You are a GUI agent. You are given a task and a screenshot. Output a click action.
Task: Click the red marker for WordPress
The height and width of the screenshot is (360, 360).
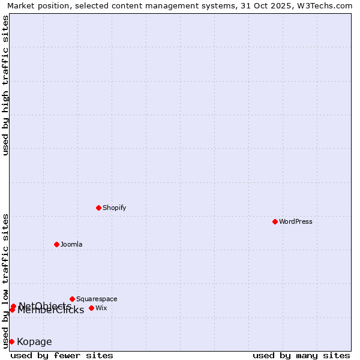click(275, 221)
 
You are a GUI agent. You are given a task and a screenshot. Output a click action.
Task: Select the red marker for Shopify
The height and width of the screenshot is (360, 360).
click(99, 208)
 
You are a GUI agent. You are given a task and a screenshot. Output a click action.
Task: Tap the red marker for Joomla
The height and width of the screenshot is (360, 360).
click(57, 244)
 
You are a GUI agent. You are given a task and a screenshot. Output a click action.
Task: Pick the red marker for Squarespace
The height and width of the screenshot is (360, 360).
click(73, 299)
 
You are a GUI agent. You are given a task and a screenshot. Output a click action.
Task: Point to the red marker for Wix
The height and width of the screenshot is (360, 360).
click(92, 308)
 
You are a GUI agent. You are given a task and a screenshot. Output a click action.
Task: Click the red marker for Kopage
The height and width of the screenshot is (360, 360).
click(11, 341)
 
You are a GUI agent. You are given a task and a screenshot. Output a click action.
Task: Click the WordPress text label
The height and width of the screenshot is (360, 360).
click(296, 221)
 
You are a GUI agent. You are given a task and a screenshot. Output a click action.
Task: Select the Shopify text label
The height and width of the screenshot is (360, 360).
click(114, 208)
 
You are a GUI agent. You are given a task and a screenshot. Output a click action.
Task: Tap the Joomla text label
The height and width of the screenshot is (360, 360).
click(71, 244)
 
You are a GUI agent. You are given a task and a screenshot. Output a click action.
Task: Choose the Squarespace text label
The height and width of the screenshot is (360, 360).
click(97, 299)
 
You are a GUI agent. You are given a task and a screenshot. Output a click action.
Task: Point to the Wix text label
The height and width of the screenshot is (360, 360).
click(101, 308)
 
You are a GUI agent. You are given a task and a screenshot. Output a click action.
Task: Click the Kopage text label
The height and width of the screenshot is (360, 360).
click(34, 342)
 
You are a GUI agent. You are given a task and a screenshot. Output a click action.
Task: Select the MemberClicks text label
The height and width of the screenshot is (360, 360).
click(50, 310)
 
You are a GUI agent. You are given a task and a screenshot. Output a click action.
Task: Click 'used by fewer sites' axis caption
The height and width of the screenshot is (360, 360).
click(62, 355)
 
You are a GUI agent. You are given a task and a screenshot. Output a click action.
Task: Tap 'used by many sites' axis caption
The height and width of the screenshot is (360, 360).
click(301, 355)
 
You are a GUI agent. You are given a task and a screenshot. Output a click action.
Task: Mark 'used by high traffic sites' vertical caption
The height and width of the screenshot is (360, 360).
click(5, 85)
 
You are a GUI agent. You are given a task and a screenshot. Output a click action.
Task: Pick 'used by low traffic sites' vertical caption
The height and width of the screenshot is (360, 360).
click(5, 281)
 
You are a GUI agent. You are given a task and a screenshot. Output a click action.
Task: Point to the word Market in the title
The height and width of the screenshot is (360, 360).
click(21, 5)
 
